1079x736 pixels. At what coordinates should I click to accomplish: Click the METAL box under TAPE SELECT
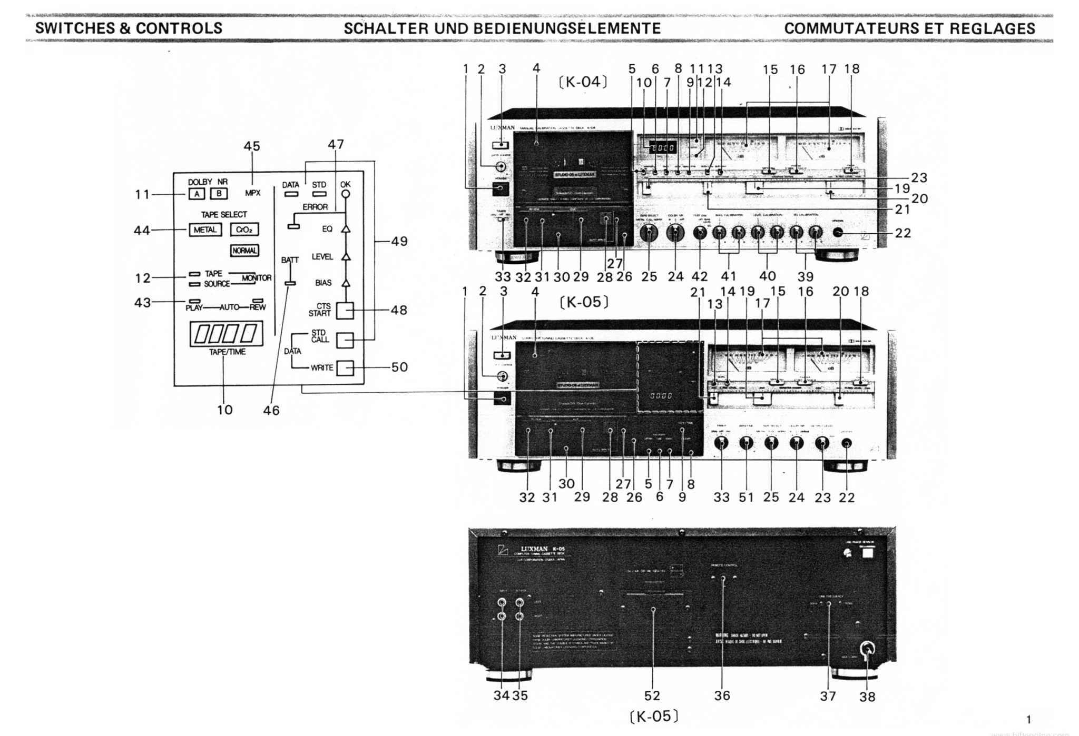pyautogui.click(x=205, y=230)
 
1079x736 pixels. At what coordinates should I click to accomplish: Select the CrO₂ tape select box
pyautogui.click(x=244, y=230)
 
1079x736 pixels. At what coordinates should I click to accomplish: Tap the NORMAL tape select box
pyautogui.click(x=244, y=251)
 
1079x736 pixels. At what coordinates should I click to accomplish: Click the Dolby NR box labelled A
pyautogui.click(x=197, y=194)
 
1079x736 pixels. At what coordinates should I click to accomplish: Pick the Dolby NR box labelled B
pyautogui.click(x=219, y=194)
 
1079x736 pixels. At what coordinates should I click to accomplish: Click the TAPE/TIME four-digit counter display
pyautogui.click(x=226, y=333)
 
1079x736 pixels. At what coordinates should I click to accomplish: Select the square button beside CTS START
pyautogui.click(x=345, y=311)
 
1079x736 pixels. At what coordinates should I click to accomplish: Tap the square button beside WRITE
pyautogui.click(x=345, y=367)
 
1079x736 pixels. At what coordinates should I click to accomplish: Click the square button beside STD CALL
pyautogui.click(x=345, y=340)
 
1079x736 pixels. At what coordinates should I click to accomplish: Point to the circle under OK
pyautogui.click(x=346, y=194)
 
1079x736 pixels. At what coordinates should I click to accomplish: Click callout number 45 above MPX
pyautogui.click(x=252, y=146)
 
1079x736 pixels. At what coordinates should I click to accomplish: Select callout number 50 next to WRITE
pyautogui.click(x=399, y=367)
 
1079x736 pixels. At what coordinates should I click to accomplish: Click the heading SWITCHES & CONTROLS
pyautogui.click(x=129, y=28)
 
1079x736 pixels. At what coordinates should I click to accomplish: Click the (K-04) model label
pyautogui.click(x=583, y=82)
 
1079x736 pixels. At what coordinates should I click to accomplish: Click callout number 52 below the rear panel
pyautogui.click(x=652, y=695)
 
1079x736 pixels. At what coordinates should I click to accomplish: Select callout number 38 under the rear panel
pyautogui.click(x=867, y=697)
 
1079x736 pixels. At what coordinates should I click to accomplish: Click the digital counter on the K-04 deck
pyautogui.click(x=662, y=147)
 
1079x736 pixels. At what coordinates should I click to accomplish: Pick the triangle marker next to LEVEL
pyautogui.click(x=346, y=256)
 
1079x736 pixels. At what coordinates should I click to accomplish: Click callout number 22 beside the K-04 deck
pyautogui.click(x=903, y=233)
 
